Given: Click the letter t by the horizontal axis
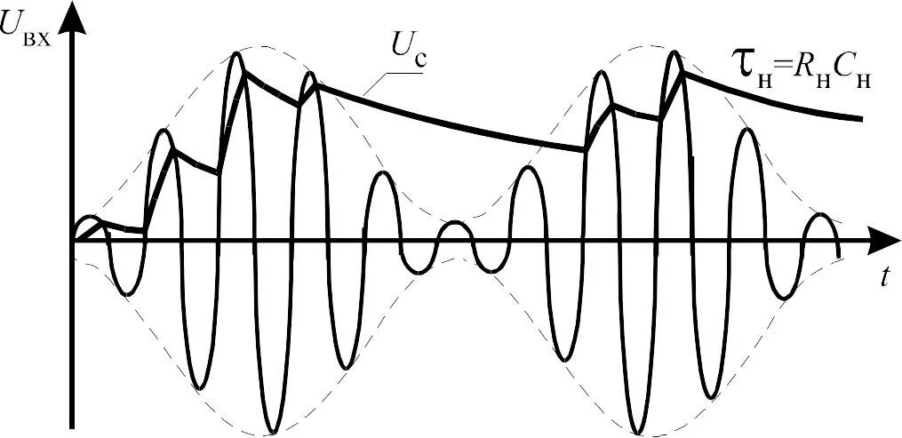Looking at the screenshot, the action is point(886,277).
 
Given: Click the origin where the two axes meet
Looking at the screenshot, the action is point(75,240).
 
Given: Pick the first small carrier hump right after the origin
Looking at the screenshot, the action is point(89,218).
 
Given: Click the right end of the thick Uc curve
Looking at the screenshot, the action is point(862,118).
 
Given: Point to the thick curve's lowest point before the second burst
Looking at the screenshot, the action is point(584,150).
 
